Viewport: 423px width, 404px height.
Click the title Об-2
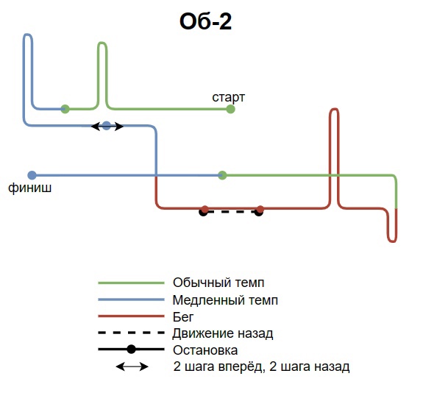205,21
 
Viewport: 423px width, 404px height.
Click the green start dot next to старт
230,109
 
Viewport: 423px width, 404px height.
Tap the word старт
229,97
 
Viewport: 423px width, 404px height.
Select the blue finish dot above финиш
32,175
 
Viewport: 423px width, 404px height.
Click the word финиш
29,188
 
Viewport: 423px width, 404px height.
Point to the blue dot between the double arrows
107,126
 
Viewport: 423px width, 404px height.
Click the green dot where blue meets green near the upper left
65,109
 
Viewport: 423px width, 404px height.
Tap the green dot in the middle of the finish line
222,175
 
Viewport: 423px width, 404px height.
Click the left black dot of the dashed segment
203,212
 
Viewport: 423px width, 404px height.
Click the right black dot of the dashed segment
259,212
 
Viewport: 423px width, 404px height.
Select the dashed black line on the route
231,212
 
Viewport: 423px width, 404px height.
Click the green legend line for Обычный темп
131,283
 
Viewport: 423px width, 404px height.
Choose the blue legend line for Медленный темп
131,300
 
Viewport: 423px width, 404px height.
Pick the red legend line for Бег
131,316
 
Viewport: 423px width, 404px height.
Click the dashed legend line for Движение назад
131,333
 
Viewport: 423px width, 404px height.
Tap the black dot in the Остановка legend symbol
131,350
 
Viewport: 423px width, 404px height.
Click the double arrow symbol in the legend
132,366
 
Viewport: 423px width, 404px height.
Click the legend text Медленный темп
225,300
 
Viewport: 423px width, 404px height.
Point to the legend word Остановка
205,350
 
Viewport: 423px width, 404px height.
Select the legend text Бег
183,316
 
